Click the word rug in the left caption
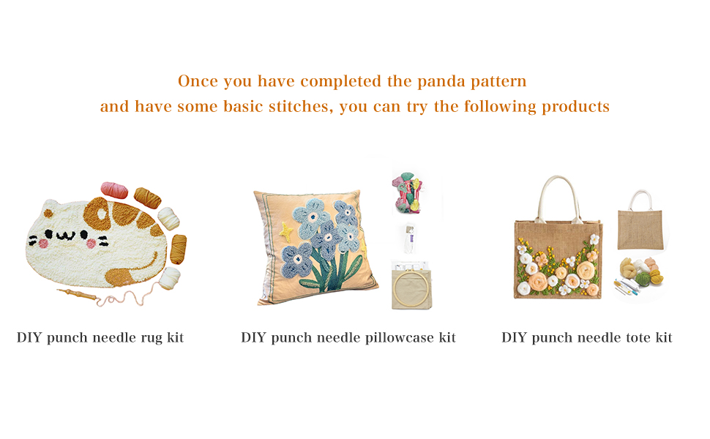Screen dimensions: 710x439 [x=152, y=339]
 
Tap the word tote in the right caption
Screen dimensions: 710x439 [x=638, y=337]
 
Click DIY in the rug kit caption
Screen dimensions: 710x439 [x=29, y=337]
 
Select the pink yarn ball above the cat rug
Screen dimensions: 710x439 [x=115, y=190]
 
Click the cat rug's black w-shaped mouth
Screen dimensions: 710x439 [x=67, y=235]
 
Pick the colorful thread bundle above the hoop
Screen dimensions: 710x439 [x=407, y=192]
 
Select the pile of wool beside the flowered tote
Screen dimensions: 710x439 [x=641, y=271]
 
